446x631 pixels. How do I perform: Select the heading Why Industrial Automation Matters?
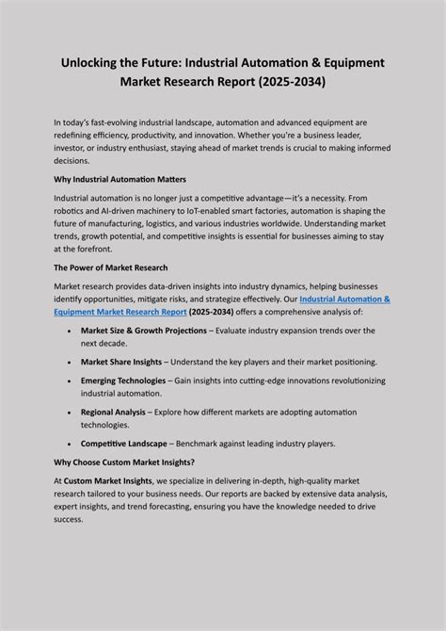[119, 179]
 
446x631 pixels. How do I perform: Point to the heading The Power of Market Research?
[110, 268]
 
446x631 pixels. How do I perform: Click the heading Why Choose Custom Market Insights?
[124, 461]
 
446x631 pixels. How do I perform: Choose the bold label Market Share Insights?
[121, 362]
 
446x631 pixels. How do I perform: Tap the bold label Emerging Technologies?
[124, 380]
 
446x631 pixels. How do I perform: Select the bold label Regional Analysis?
[113, 412]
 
